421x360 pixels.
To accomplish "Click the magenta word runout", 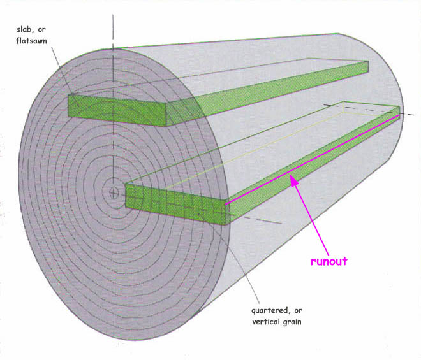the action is coord(329,261).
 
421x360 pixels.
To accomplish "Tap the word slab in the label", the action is coord(24,29).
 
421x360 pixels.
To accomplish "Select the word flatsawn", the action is coord(31,41).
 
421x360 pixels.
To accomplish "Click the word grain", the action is coord(293,322).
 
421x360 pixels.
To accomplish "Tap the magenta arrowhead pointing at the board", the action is coord(294,180).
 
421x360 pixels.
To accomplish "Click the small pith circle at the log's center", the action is coord(114,192).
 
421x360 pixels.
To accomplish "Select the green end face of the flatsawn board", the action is coord(117,110).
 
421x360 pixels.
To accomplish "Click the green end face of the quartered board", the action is coord(175,204).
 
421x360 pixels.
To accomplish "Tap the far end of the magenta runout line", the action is coord(399,115).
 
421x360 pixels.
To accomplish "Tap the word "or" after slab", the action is coord(41,29).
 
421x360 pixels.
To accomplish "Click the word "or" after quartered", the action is coord(298,311).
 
